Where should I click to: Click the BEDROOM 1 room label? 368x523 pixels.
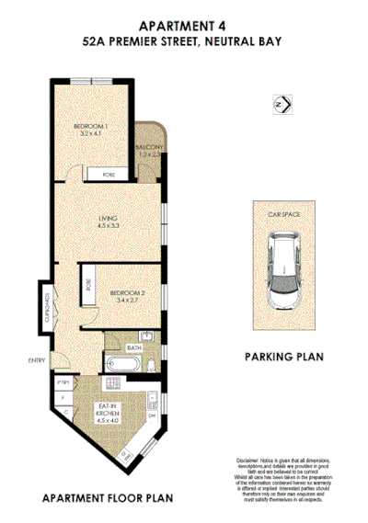(x=92, y=129)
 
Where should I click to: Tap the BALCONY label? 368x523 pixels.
(x=150, y=151)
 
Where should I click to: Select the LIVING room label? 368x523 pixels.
(x=109, y=221)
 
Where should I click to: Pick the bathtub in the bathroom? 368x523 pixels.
(x=122, y=367)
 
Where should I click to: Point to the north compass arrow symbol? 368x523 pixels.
(x=282, y=107)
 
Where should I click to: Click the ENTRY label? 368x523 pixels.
(x=37, y=359)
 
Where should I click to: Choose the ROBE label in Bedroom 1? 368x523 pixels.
(x=109, y=174)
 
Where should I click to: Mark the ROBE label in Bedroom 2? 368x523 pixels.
(x=88, y=286)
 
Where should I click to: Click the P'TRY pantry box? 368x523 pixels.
(x=63, y=381)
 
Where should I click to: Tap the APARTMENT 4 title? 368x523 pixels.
(x=184, y=26)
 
